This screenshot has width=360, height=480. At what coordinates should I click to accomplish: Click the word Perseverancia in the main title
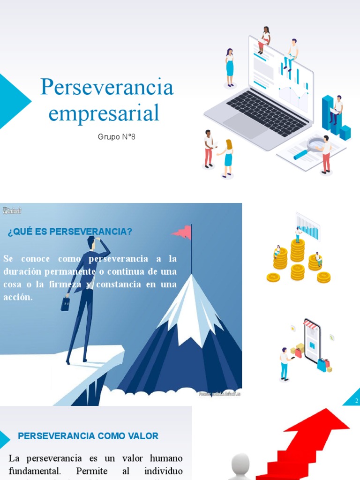pyautogui.click(x=107, y=87)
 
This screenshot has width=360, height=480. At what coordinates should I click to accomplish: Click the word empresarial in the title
pyautogui.click(x=104, y=113)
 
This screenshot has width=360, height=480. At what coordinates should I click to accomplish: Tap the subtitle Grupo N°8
pyautogui.click(x=117, y=137)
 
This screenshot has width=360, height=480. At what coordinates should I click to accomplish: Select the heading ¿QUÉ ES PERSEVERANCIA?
pyautogui.click(x=70, y=232)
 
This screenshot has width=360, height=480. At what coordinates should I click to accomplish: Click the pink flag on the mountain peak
pyautogui.click(x=183, y=232)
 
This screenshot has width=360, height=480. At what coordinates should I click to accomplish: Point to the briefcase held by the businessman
pyautogui.click(x=65, y=304)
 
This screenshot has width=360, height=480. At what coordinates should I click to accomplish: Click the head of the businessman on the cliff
pyautogui.click(x=91, y=242)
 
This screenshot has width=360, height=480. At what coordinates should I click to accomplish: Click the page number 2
pyautogui.click(x=357, y=400)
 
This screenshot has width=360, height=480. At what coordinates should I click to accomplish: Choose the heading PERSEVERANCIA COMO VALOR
pyautogui.click(x=88, y=436)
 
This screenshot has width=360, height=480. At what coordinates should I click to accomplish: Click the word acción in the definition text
pyautogui.click(x=18, y=297)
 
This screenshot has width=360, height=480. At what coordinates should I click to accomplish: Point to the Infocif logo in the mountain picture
pyautogui.click(x=12, y=210)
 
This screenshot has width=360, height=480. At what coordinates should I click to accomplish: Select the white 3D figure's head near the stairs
pyautogui.click(x=240, y=464)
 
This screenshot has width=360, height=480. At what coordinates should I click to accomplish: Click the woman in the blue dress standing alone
pyautogui.click(x=230, y=67)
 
